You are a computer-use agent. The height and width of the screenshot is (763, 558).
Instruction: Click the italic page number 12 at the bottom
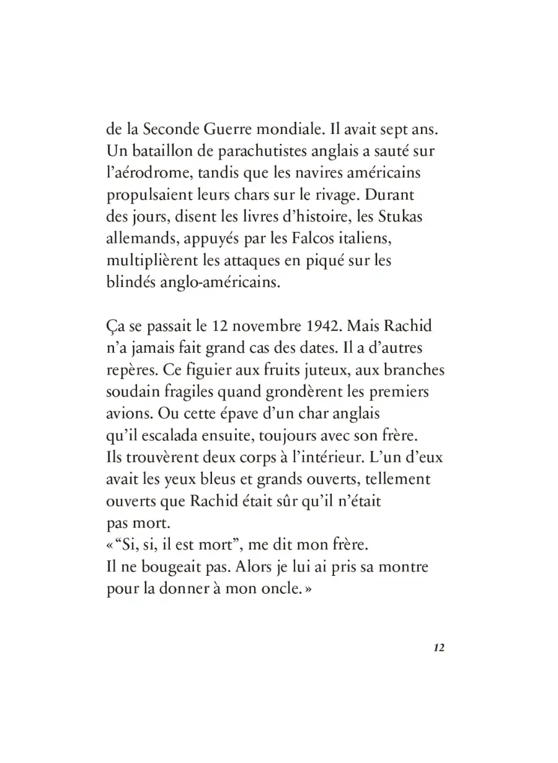coord(439,648)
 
